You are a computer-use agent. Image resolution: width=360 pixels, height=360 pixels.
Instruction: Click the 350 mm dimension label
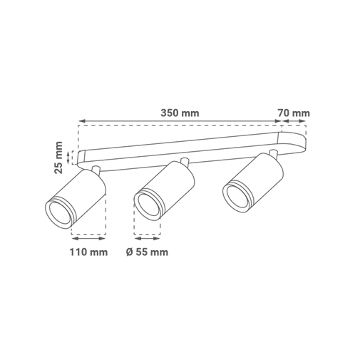click(180, 113)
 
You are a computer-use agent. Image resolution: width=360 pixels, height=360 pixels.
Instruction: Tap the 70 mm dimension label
click(294, 113)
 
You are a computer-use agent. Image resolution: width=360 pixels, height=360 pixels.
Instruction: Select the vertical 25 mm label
click(58, 158)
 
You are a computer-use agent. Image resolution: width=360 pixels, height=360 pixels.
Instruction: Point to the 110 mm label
click(88, 252)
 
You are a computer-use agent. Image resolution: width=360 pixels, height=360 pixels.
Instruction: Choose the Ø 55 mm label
click(147, 252)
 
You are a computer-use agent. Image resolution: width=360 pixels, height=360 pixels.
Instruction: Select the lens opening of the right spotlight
click(237, 196)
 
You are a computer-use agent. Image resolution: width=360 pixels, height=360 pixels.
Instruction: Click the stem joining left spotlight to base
click(96, 170)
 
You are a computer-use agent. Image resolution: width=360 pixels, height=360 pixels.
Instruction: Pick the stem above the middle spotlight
click(185, 163)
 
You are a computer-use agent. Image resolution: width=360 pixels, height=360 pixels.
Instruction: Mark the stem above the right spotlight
click(273, 154)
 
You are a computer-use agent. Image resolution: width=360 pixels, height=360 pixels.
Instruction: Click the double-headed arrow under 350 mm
click(180, 121)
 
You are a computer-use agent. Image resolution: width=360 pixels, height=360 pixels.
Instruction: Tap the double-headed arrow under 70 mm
click(294, 121)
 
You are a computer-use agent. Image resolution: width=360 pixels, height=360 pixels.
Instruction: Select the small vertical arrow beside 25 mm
click(68, 158)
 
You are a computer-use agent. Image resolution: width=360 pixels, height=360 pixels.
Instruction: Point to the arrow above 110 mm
click(88, 238)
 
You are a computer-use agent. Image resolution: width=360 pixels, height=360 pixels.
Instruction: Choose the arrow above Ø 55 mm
click(147, 238)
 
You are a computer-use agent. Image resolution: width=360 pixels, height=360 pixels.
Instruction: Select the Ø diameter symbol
click(130, 252)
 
